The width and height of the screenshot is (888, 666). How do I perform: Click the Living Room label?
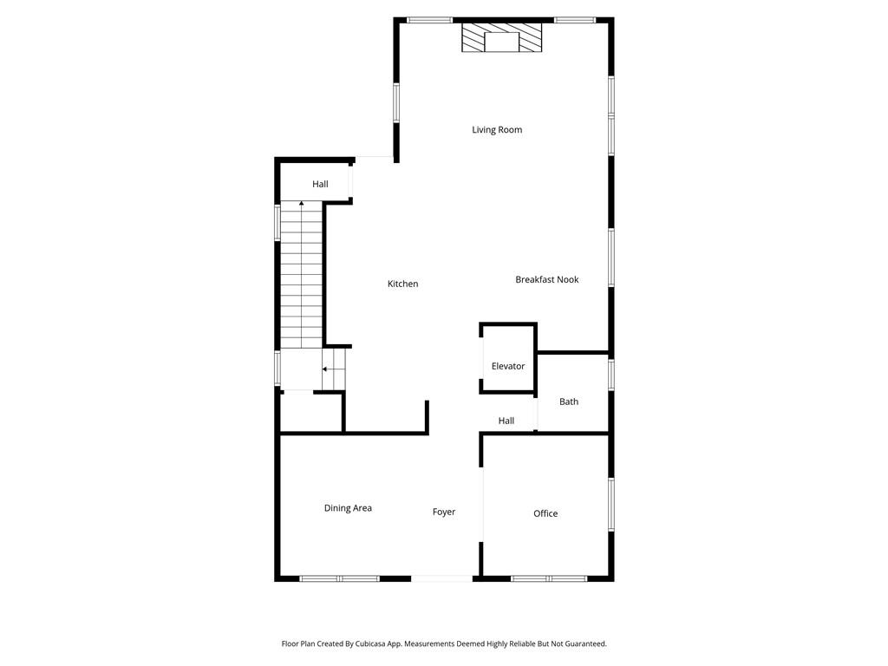tap(497, 130)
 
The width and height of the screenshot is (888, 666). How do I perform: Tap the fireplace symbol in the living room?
tap(501, 39)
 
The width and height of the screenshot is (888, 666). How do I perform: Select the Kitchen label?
tap(402, 284)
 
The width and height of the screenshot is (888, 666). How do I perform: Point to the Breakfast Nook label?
tap(546, 280)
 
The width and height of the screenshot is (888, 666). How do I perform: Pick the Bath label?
tap(569, 402)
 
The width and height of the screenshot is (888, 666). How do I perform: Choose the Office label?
tap(545, 514)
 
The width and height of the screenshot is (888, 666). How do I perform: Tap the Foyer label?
tap(444, 513)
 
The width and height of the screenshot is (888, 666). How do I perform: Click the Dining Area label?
tap(348, 508)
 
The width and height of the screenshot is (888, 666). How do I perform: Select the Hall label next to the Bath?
tap(506, 421)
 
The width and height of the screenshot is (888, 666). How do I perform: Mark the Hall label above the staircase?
tap(320, 185)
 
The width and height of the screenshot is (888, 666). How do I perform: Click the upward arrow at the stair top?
tap(301, 204)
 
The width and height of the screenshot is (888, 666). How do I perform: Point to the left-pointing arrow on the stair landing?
tap(325, 369)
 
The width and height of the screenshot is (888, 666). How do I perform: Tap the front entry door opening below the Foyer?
tap(441, 578)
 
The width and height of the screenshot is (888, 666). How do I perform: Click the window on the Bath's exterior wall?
tap(611, 375)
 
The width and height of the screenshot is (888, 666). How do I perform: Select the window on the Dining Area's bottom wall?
tap(339, 578)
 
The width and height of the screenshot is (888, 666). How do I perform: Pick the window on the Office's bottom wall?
tap(549, 578)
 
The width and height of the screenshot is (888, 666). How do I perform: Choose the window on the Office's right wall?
tap(611, 505)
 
